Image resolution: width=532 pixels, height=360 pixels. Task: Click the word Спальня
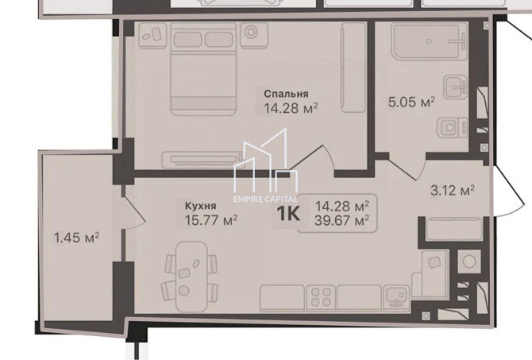pos(286,94)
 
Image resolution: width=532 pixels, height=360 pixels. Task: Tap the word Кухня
pos(201,206)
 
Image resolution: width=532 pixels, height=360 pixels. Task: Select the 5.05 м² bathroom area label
pos(411,102)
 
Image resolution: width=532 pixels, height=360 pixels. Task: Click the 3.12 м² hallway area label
pos(453,191)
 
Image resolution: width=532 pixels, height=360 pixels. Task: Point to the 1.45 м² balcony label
pos(77,238)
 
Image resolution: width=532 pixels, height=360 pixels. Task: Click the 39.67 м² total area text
pos(341,221)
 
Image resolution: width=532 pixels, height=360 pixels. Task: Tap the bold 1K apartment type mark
pos(288,214)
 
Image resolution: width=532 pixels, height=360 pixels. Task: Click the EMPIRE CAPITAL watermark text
pos(265,199)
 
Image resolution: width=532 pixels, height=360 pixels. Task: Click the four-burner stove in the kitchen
pos(321,297)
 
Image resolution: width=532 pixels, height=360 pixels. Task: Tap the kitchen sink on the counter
pos(397,297)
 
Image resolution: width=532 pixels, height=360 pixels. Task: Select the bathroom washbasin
pos(456,87)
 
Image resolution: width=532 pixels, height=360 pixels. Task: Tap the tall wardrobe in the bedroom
pos(354,68)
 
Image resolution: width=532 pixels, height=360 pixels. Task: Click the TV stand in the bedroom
pos(203,160)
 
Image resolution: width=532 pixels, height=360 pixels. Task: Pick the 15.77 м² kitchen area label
pos(210,221)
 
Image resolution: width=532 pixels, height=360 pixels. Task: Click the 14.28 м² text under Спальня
pos(291,109)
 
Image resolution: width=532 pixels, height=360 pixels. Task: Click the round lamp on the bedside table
pos(251,33)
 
